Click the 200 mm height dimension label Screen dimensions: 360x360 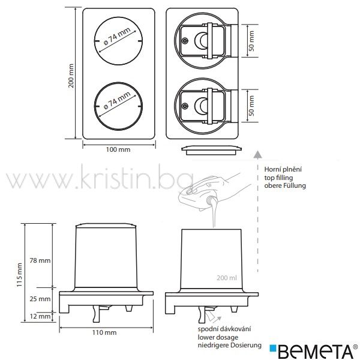(x=71, y=76)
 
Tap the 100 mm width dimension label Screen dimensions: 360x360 (x=118, y=149)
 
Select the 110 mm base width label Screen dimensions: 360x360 (x=104, y=332)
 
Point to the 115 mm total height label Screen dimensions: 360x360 (x=19, y=275)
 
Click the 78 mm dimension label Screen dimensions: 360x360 (x=40, y=260)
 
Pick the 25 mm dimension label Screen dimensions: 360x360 (x=40, y=299)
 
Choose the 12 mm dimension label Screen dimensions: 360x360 (x=40, y=316)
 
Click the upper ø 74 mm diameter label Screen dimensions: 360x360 (x=117, y=36)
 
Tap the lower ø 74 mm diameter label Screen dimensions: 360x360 (x=117, y=101)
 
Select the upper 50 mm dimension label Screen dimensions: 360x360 (x=251, y=41)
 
